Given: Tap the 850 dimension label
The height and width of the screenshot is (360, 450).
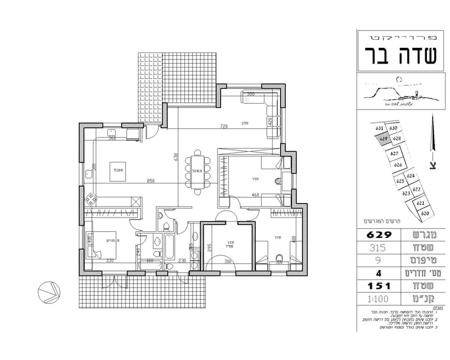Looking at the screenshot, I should (x=150, y=181).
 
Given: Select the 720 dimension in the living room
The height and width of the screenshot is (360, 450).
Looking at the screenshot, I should (x=224, y=127).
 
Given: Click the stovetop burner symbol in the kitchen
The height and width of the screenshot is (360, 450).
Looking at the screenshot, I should (x=90, y=199).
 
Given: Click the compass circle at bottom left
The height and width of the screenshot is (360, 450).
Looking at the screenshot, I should (x=48, y=291).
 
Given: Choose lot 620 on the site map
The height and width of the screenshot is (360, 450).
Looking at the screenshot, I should (x=425, y=214).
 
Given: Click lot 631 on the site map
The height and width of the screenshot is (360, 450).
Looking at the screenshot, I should (x=380, y=128).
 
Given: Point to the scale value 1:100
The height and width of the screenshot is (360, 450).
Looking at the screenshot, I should (x=377, y=300).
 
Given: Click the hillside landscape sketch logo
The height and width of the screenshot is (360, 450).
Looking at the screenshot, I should (x=394, y=92).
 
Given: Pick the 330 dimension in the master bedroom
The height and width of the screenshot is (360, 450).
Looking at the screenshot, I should (x=110, y=260).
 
